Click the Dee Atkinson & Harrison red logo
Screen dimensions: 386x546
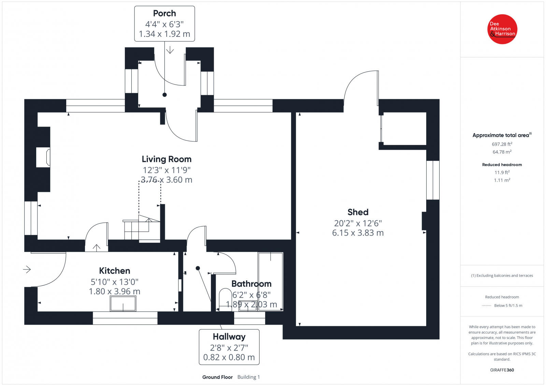click(x=502, y=29)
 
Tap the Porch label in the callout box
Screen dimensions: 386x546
click(x=164, y=13)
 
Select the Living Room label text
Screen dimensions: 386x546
click(x=167, y=159)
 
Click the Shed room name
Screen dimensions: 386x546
click(x=358, y=212)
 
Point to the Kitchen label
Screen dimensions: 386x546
click(x=115, y=271)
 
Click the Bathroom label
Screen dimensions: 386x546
click(x=252, y=284)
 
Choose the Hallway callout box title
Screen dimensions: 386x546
click(x=229, y=337)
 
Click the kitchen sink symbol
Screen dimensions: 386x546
click(x=123, y=303)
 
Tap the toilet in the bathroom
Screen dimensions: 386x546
click(x=225, y=297)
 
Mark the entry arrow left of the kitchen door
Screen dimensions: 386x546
click(x=27, y=270)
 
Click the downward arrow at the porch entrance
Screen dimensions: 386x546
click(x=170, y=50)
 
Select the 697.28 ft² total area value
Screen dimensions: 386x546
click(x=502, y=144)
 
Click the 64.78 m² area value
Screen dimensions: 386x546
click(x=502, y=152)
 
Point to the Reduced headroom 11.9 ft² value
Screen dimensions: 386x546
click(x=502, y=173)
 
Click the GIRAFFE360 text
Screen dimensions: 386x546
click(x=502, y=370)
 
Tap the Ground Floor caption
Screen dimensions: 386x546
click(x=217, y=377)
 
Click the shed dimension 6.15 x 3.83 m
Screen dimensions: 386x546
click(x=358, y=233)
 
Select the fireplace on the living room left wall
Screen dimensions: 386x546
click(x=44, y=157)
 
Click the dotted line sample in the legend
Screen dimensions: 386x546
click(x=486, y=306)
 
